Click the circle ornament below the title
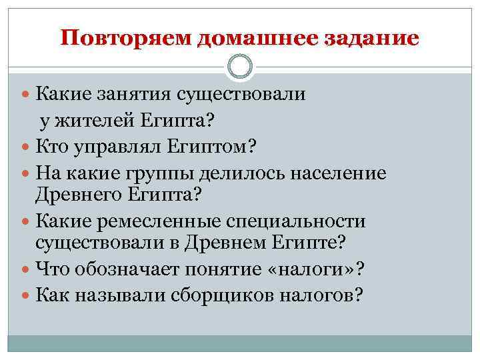pyautogui.click(x=240, y=67)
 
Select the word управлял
pyautogui.click(x=115, y=145)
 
